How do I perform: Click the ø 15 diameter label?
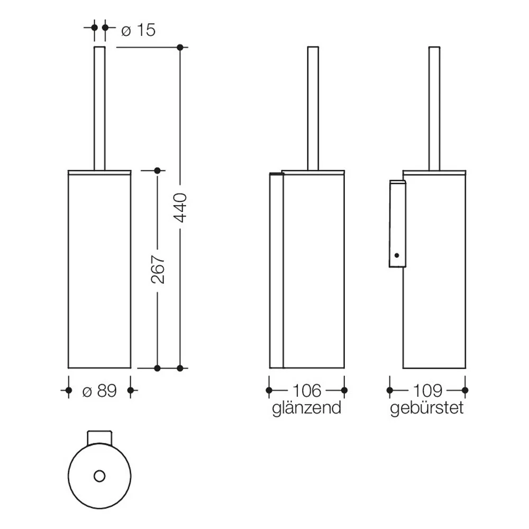pyautogui.click(x=138, y=30)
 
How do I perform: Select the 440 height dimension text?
pyautogui.click(x=180, y=207)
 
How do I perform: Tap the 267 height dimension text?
pyautogui.click(x=158, y=269)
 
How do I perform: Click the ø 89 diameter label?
pyautogui.click(x=99, y=391)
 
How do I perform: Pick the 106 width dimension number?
pyautogui.click(x=307, y=391)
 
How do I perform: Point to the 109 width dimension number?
pyautogui.click(x=427, y=391)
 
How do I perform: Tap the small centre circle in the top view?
pyautogui.click(x=99, y=477)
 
